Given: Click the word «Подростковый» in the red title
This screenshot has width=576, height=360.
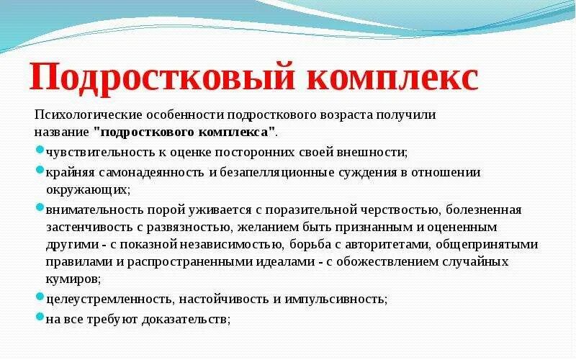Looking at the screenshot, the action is [x=162, y=78].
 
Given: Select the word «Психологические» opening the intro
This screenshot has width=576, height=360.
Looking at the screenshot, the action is [x=88, y=115].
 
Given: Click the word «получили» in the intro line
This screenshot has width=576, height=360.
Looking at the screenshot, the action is [x=406, y=115].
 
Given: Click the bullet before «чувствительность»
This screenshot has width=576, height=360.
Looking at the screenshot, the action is [x=40, y=150].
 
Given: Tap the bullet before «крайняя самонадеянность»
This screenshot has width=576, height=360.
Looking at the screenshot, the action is [x=40, y=170].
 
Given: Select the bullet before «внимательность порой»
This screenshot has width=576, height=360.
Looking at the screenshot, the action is [x=40, y=207].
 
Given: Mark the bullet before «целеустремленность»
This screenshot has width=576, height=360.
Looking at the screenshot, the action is [x=40, y=296].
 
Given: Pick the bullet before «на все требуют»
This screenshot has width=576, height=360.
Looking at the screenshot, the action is [x=40, y=316].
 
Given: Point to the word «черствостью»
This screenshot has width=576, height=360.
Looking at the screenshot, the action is [x=400, y=210].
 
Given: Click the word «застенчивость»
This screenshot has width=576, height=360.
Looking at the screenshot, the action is [x=90, y=228].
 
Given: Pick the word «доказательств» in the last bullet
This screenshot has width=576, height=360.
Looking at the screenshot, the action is [x=184, y=320].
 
